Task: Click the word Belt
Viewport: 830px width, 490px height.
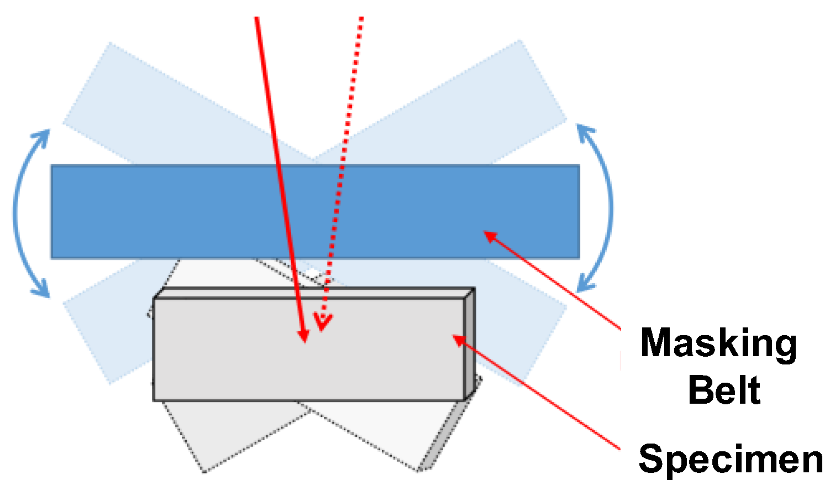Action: click(x=724, y=390)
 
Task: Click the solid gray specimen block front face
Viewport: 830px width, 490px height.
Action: click(x=232, y=354)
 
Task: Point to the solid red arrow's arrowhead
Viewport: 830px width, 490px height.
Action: click(x=303, y=335)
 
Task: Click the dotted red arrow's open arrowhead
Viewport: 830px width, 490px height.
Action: click(x=322, y=322)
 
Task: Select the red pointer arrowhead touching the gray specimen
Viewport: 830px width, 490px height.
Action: click(x=459, y=339)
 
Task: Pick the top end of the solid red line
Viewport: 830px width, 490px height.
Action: click(x=257, y=19)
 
